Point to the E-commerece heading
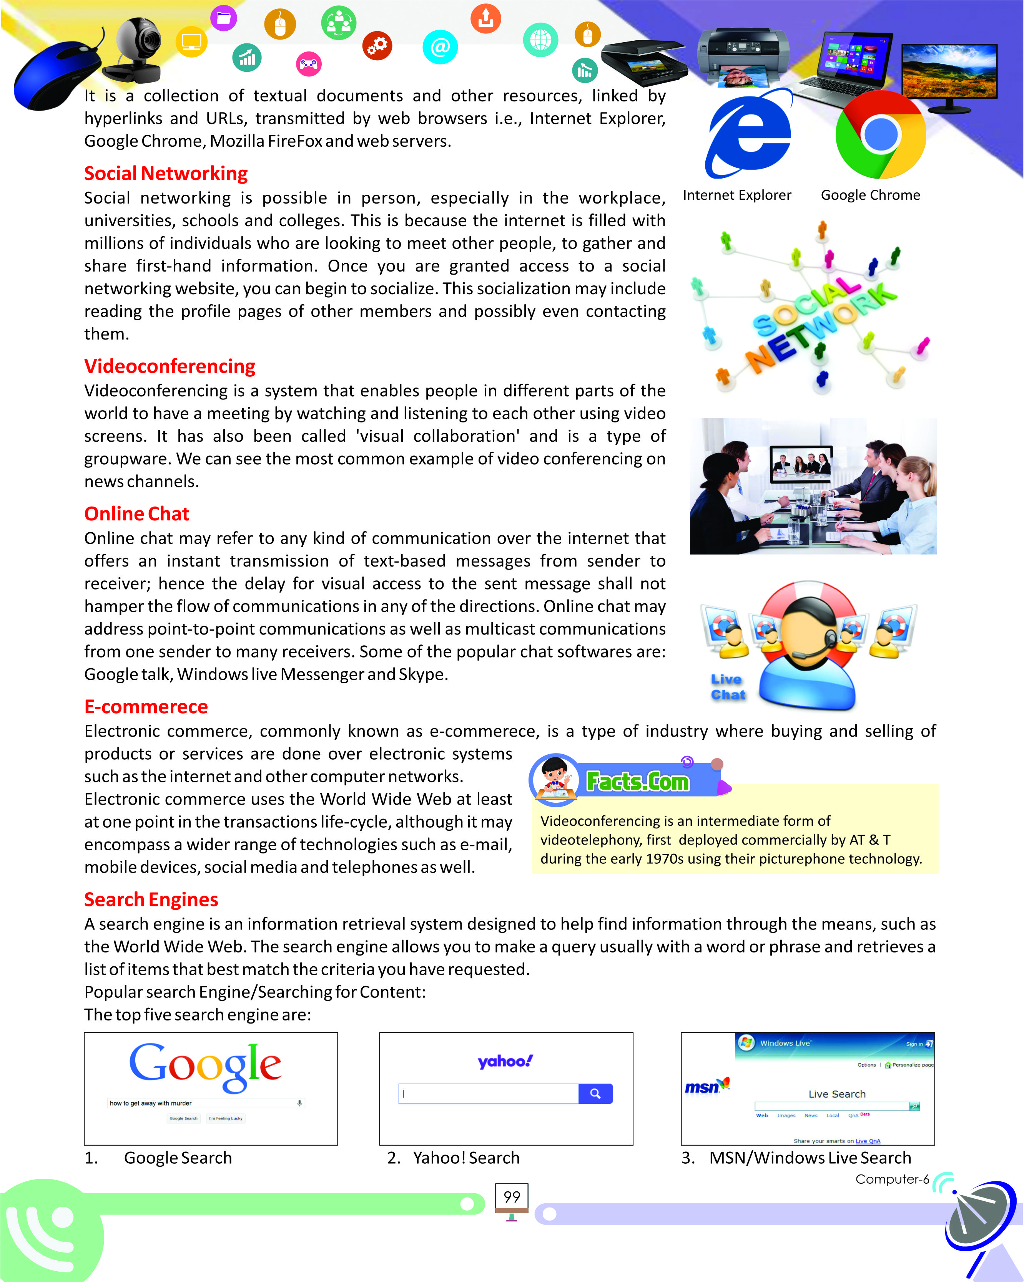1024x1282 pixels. pyautogui.click(x=146, y=706)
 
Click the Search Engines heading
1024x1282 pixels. pyautogui.click(x=151, y=899)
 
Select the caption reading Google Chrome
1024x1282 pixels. pyautogui.click(x=870, y=195)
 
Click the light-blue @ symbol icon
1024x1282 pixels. pyautogui.click(x=440, y=47)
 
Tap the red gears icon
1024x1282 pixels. pyautogui.click(x=377, y=45)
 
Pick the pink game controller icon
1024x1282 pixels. pyautogui.click(x=308, y=64)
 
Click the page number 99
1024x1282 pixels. pyautogui.click(x=512, y=1196)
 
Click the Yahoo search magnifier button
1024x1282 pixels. pyautogui.click(x=595, y=1093)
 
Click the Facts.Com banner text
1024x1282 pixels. pyautogui.click(x=637, y=781)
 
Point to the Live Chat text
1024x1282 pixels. pyautogui.click(x=727, y=687)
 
